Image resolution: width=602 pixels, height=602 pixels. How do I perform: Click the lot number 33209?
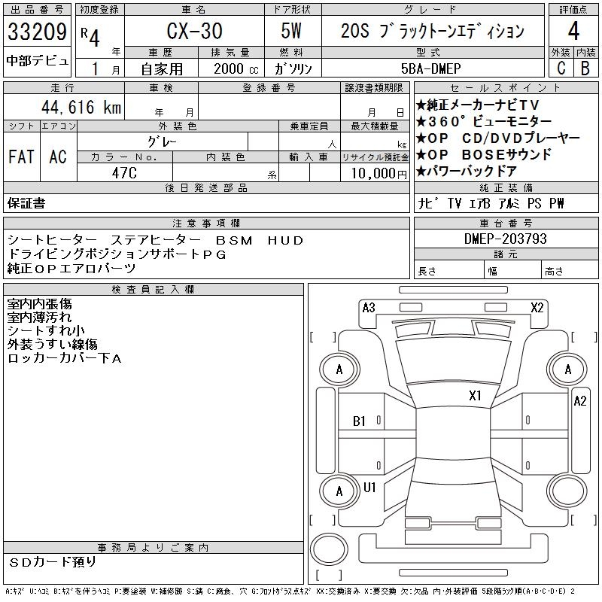tap(37, 32)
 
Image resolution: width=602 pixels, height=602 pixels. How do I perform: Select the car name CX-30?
tap(194, 31)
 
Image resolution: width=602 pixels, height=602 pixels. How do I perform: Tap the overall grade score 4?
tap(573, 31)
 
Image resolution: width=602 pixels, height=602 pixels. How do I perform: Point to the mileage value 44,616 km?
tap(81, 107)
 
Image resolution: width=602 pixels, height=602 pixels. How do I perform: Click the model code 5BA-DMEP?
tap(430, 68)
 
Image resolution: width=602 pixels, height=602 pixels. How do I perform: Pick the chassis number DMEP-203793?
tap(505, 239)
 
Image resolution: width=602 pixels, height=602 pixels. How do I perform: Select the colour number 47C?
tap(124, 173)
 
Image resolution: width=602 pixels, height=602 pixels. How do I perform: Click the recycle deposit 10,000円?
tap(379, 174)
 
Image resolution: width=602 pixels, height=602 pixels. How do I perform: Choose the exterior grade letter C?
tap(561, 68)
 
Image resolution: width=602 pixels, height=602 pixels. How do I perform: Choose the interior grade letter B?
tap(585, 68)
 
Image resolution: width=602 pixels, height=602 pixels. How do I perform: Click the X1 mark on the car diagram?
tap(475, 396)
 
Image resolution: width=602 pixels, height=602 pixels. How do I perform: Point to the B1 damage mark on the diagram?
tap(359, 421)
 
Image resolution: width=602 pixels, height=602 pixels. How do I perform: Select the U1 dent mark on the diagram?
tap(369, 487)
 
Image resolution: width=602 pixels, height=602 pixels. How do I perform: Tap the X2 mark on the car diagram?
tap(537, 308)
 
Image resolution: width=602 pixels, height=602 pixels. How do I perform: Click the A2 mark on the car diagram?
tap(579, 401)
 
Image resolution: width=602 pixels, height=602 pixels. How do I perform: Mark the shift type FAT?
tap(21, 157)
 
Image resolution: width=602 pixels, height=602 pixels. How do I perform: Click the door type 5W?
tap(291, 31)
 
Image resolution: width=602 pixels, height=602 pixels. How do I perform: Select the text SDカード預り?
tap(53, 562)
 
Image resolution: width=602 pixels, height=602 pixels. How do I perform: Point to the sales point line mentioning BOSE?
tap(484, 154)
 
